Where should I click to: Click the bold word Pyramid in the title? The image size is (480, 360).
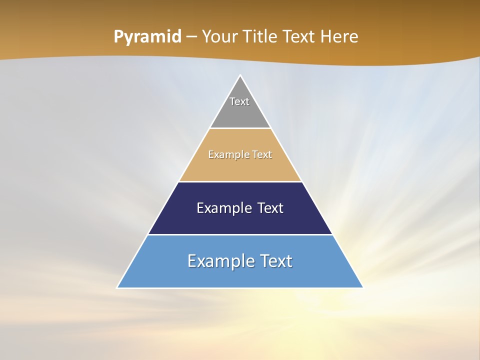click(x=147, y=37)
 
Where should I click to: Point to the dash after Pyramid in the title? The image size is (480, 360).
click(x=191, y=37)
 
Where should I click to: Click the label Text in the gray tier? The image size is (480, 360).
click(x=239, y=101)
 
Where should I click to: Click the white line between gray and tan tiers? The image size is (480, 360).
click(x=240, y=128)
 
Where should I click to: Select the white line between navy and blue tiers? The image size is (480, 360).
click(x=240, y=234)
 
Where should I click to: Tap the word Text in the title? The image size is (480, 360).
click(x=299, y=37)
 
